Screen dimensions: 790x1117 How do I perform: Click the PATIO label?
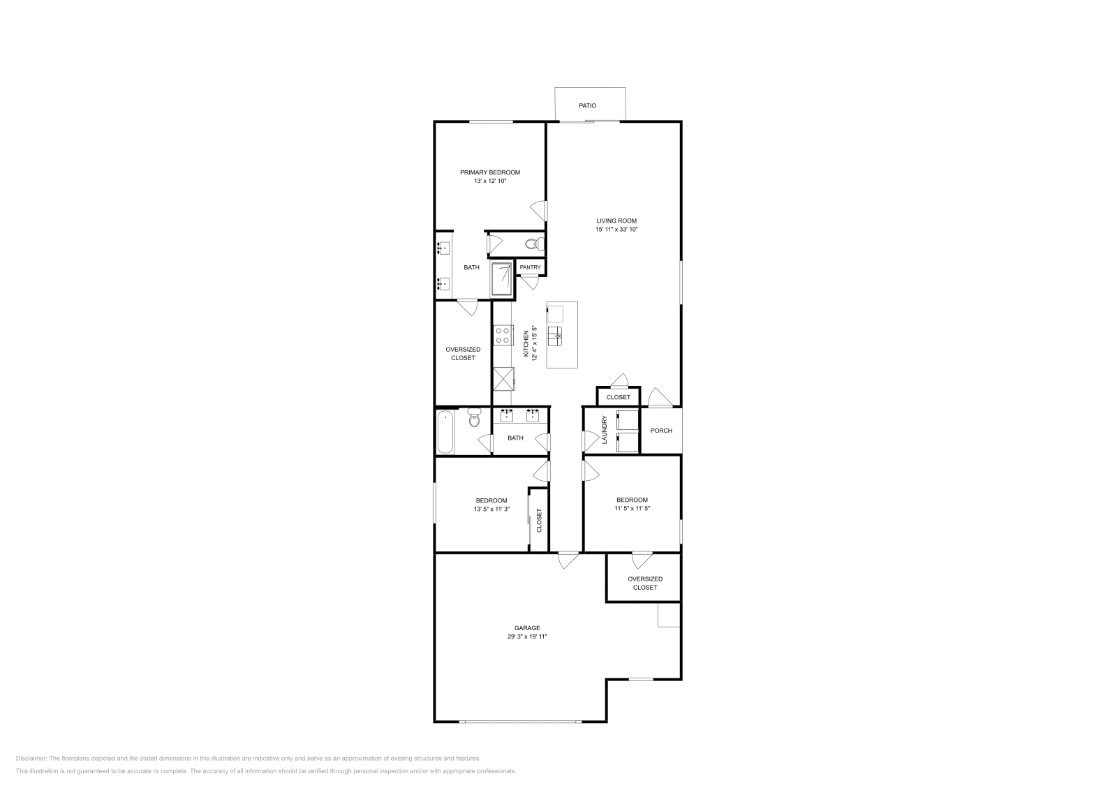point(587,106)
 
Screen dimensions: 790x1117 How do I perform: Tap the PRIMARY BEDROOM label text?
point(489,172)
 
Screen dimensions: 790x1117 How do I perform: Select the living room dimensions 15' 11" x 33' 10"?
point(616,230)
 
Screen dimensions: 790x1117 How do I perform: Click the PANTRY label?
point(530,267)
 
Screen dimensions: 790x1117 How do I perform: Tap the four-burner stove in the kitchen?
point(501,335)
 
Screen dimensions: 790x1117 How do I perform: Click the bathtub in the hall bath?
point(445,432)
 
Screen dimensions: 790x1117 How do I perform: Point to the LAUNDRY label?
point(605,429)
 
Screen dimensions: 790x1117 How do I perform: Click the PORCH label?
point(660,431)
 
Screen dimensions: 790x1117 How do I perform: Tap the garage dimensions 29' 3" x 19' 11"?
point(532,636)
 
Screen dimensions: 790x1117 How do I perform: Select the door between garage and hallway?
point(568,558)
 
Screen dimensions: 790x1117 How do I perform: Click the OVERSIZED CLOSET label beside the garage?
point(644,583)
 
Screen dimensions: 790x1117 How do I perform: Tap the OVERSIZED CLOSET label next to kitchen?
point(463,353)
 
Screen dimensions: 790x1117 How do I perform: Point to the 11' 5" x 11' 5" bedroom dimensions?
point(632,509)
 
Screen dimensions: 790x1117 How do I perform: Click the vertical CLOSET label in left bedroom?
point(539,521)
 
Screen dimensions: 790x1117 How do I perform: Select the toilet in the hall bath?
point(475,419)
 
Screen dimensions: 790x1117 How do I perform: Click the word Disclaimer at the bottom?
point(31,758)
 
